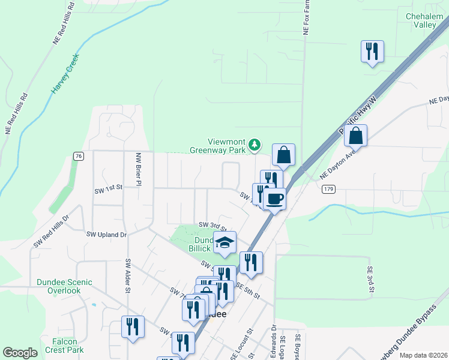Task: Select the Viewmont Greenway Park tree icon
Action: click(x=255, y=144)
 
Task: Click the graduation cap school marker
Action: click(x=224, y=243)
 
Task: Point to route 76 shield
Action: click(x=78, y=156)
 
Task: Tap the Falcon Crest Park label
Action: click(x=64, y=346)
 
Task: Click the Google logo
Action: click(x=20, y=353)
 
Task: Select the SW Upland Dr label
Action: click(x=107, y=235)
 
